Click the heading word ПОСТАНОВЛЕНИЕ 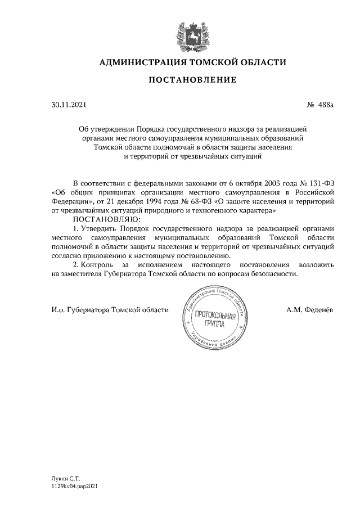click(x=192, y=80)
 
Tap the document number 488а click(x=325, y=105)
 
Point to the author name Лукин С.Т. click(x=63, y=476)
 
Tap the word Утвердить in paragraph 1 click(x=101, y=228)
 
